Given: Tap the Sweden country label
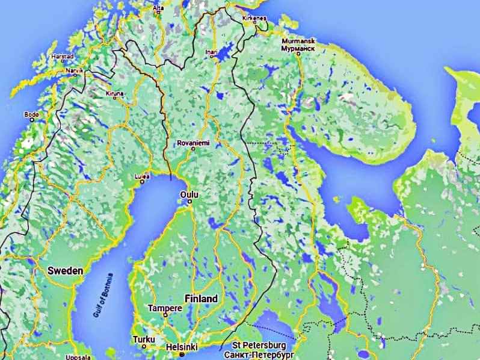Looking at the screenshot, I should click(x=65, y=271).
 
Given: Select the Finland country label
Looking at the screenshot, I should click(x=201, y=299).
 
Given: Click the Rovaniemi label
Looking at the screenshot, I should click(x=193, y=143).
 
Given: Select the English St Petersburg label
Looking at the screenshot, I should click(x=259, y=345).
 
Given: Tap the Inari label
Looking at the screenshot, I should click(x=212, y=52).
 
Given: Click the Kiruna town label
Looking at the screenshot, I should click(x=114, y=95).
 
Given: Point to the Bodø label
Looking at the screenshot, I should click(x=30, y=114).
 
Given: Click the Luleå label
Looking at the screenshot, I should click(x=142, y=176).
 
